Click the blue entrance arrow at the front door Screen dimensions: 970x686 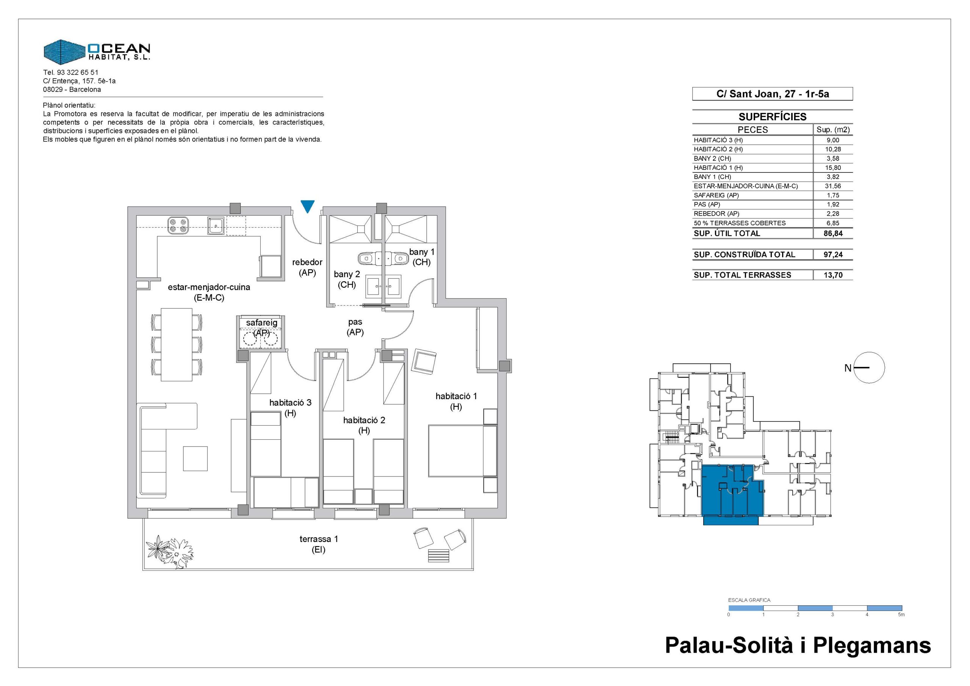click(308, 206)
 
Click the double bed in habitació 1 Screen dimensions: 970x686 click(462, 451)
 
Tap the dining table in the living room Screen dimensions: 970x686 click(177, 344)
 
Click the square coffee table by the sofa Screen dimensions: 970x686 click(195, 458)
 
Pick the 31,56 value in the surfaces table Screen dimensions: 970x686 click(833, 186)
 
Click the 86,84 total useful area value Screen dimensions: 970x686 click(833, 233)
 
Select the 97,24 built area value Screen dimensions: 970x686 click(833, 254)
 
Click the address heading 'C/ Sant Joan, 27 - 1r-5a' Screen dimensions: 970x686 click(773, 94)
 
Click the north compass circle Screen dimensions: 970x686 click(870, 368)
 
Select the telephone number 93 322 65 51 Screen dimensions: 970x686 click(77, 72)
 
